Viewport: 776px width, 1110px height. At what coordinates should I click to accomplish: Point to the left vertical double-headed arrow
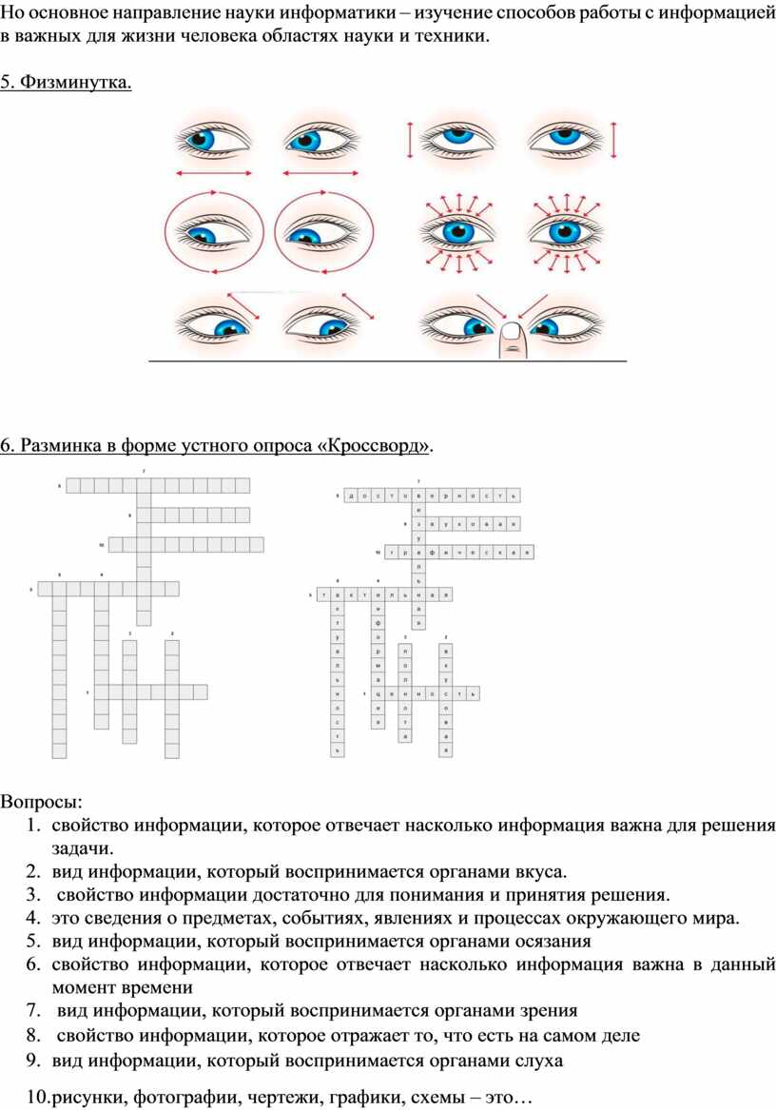click(x=410, y=141)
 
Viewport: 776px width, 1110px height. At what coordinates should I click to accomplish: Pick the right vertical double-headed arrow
click(x=614, y=141)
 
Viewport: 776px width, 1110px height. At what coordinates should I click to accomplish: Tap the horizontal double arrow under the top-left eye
click(x=214, y=173)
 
